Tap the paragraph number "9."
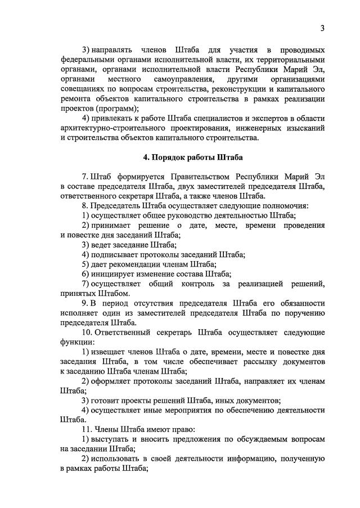point(85,303)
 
